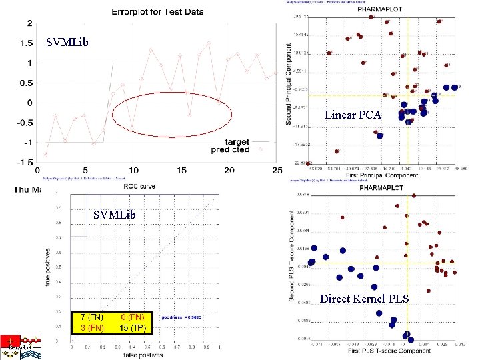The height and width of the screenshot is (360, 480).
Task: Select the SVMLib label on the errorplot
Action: click(x=67, y=43)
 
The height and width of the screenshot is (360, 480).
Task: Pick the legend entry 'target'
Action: click(x=237, y=142)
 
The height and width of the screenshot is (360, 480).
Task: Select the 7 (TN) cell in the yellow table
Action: click(x=91, y=317)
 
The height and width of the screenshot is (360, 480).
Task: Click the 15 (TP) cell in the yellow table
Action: click(x=133, y=327)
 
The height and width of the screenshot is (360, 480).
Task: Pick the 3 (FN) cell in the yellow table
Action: click(x=91, y=327)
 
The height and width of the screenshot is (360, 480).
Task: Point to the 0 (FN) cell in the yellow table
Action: click(x=133, y=317)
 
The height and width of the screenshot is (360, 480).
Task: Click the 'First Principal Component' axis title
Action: click(x=381, y=175)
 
